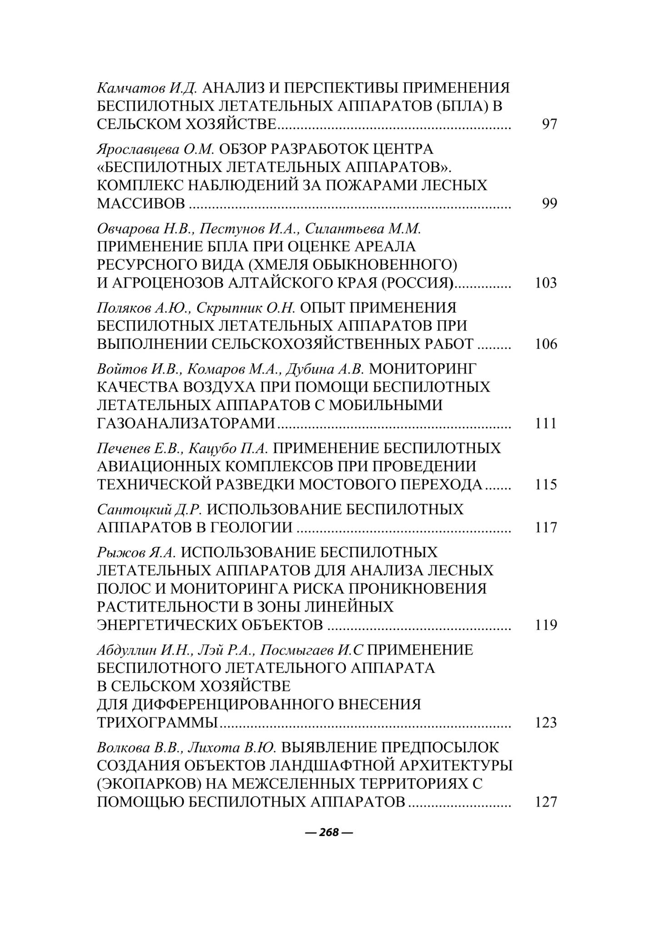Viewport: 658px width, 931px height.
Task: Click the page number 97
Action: pyautogui.click(x=549, y=124)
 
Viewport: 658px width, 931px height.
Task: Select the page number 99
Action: pyautogui.click(x=549, y=204)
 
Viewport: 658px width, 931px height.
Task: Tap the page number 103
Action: pyautogui.click(x=546, y=283)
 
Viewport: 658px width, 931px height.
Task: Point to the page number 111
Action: pyautogui.click(x=546, y=424)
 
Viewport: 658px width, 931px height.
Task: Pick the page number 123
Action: pyautogui.click(x=546, y=723)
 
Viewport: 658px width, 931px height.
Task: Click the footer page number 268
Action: pyautogui.click(x=329, y=832)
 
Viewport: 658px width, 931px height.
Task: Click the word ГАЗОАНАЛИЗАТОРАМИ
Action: pyautogui.click(x=186, y=424)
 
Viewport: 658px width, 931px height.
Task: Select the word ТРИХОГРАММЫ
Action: pyautogui.click(x=157, y=723)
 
